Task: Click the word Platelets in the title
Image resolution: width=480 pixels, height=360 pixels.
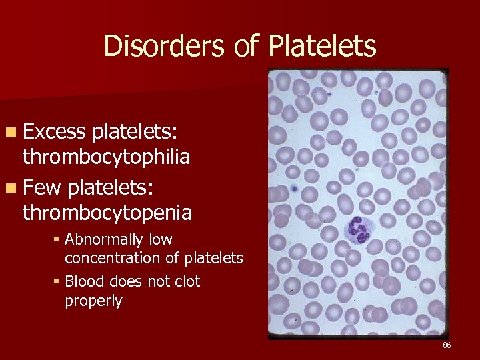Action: pyautogui.click(x=323, y=47)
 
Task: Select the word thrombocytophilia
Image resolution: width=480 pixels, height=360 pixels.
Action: pyautogui.click(x=107, y=157)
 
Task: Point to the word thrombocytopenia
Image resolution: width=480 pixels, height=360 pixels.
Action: pyautogui.click(x=107, y=213)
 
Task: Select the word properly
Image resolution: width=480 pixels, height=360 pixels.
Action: pyautogui.click(x=93, y=301)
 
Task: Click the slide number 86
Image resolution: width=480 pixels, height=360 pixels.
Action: pyautogui.click(x=446, y=345)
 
